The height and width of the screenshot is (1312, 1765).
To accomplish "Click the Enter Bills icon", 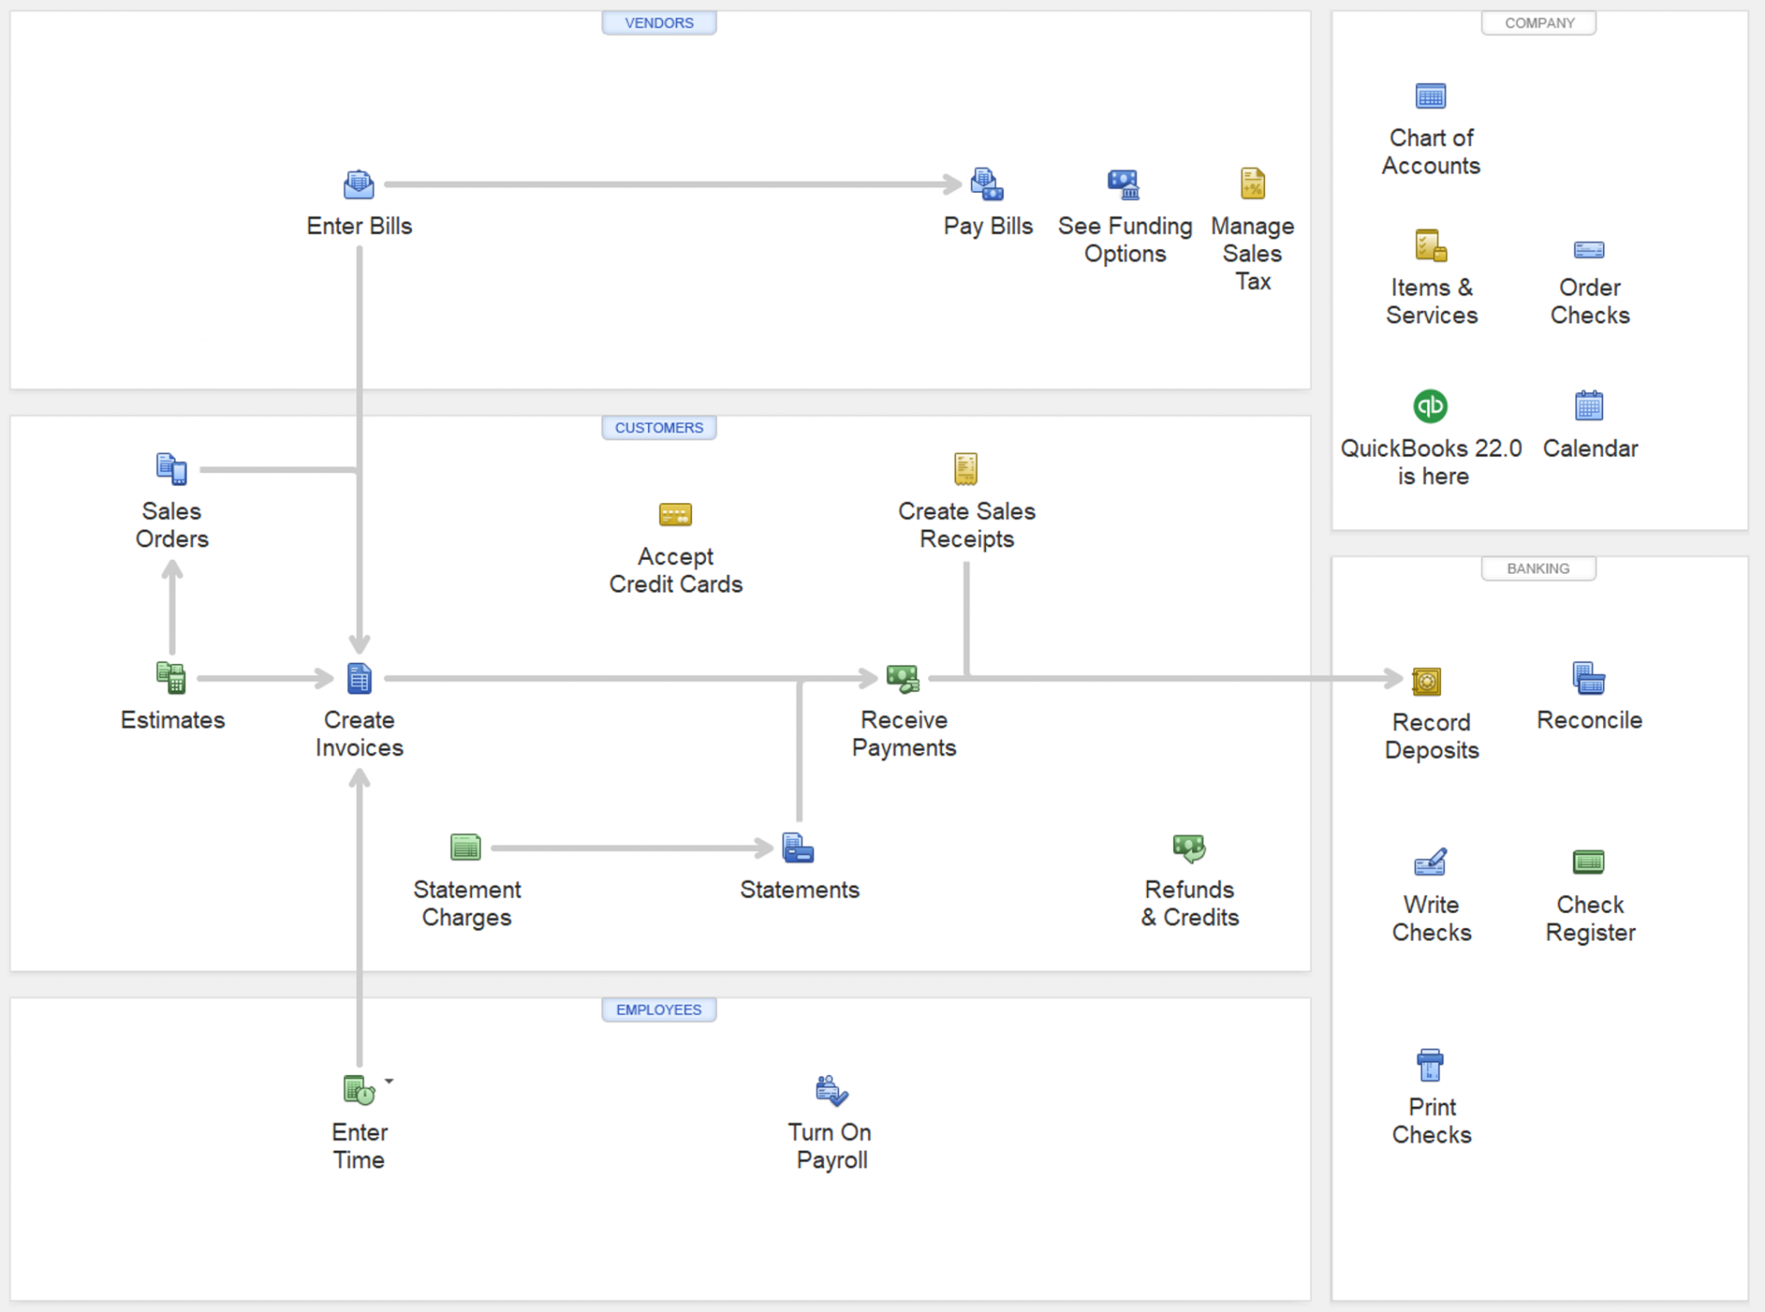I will [359, 183].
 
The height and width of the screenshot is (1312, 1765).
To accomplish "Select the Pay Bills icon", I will [987, 183].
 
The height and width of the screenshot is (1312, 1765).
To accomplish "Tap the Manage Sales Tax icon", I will [1252, 183].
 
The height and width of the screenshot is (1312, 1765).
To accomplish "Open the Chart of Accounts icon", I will [1431, 96].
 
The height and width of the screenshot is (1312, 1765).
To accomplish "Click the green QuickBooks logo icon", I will [1431, 406].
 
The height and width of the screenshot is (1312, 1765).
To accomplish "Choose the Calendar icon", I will [1589, 406].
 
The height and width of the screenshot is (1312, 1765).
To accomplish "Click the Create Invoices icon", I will [359, 679].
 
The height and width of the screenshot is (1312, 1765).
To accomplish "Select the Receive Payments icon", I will [903, 679].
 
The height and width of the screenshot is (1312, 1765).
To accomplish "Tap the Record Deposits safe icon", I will [1426, 681].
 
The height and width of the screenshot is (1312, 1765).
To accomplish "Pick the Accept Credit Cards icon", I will [675, 514].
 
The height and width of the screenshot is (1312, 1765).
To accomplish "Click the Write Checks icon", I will [1431, 862].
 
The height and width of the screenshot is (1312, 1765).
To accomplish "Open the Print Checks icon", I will [1430, 1066].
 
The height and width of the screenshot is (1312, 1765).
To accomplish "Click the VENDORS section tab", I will [658, 23].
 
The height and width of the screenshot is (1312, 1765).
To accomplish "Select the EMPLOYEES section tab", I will [658, 1010].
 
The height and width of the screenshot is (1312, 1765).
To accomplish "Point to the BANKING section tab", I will [1538, 569].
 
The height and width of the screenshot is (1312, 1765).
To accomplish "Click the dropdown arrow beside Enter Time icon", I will [390, 1081].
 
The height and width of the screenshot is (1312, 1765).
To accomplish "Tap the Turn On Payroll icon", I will [832, 1091].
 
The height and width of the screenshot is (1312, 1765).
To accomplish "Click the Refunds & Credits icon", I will [1189, 848].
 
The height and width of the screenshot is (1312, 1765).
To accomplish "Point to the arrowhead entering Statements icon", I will [764, 849].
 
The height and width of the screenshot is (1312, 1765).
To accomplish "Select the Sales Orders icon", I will [172, 469].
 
